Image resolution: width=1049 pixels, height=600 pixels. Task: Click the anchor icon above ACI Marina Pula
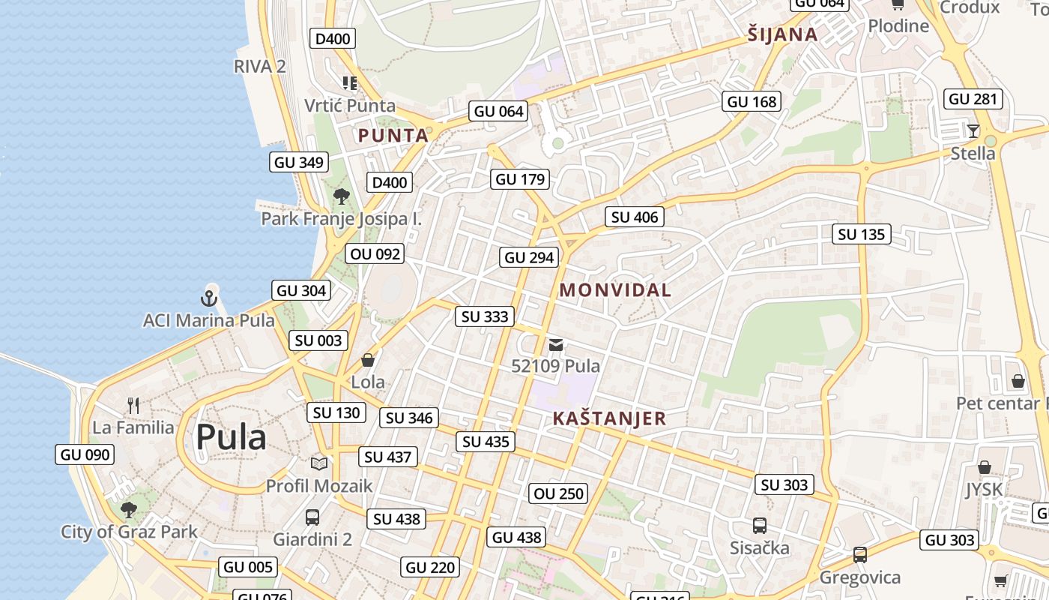pos(209,298)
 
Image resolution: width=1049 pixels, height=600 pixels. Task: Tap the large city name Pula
pos(231,437)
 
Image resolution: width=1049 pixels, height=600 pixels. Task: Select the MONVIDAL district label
pos(615,290)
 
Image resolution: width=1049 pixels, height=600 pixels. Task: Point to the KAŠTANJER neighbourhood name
pos(609,418)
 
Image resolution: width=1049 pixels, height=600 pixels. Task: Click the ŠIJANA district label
pos(782,34)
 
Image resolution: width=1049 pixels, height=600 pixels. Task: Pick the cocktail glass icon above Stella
pos(973,131)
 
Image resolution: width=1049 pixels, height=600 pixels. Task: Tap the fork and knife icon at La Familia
pos(133,406)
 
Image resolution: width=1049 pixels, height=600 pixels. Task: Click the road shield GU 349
pos(299,162)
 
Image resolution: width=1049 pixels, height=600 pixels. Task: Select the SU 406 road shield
pos(635,217)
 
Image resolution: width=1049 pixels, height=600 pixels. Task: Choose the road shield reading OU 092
pos(375,253)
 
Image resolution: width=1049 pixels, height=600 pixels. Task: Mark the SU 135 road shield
pos(861,234)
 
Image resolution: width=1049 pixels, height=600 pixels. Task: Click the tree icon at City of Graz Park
pos(129,510)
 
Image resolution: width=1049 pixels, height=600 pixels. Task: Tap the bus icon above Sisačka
pos(759,526)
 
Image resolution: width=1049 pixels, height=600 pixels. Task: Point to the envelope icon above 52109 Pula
pos(556,345)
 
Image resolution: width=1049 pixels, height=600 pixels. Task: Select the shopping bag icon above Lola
pos(368,360)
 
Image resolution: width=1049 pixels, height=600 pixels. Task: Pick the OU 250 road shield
pos(559,493)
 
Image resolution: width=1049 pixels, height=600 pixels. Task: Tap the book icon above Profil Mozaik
pos(319,463)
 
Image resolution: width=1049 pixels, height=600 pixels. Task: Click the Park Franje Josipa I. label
pos(341,219)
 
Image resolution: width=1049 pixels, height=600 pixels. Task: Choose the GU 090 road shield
pos(85,454)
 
